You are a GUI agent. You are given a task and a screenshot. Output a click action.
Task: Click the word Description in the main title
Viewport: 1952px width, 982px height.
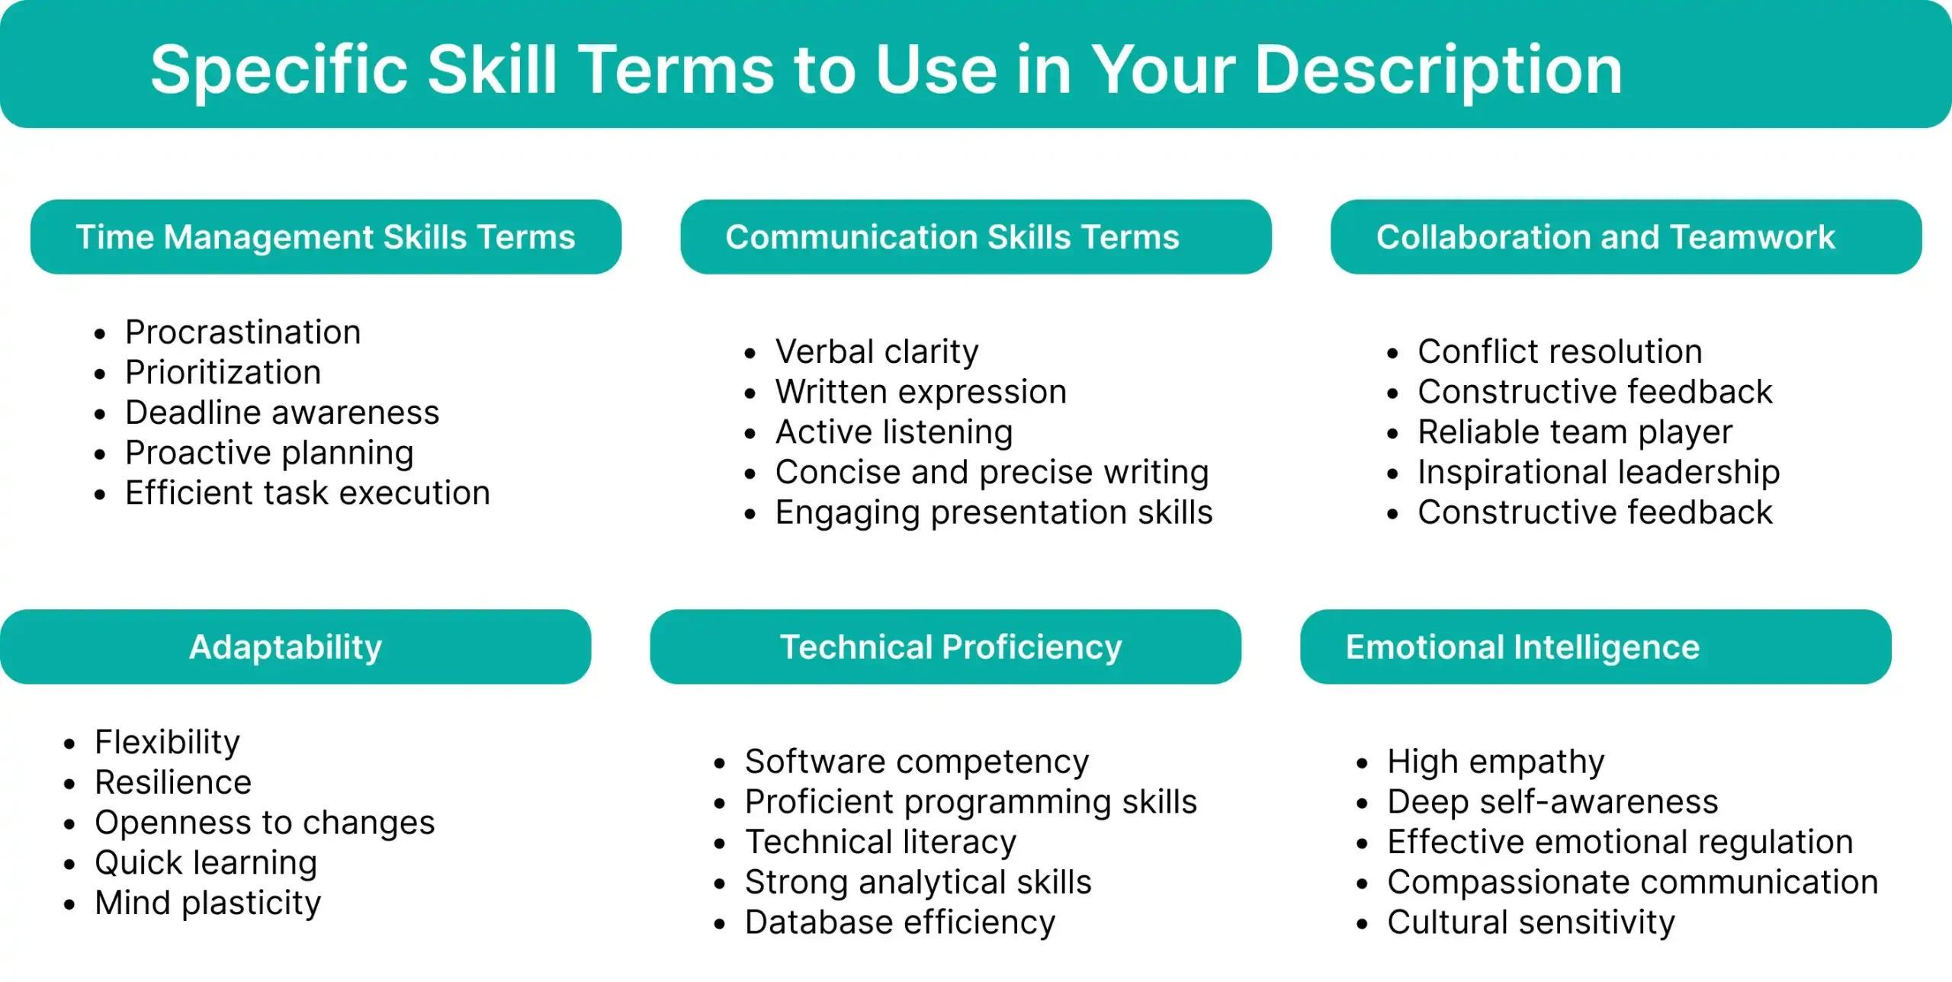pyautogui.click(x=1438, y=70)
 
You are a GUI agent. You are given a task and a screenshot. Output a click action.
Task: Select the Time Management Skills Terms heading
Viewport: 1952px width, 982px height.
pyautogui.click(x=326, y=237)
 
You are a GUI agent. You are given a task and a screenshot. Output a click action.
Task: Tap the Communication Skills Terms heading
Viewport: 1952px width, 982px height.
pyautogui.click(x=976, y=237)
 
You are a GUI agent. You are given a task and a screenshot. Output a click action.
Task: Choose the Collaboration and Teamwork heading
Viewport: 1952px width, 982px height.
pyautogui.click(x=1626, y=237)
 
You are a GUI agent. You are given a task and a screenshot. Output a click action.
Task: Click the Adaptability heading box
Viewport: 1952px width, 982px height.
pyautogui.click(x=295, y=647)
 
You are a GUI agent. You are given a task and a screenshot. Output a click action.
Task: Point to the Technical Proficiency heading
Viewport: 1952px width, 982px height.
pyautogui.click(x=945, y=647)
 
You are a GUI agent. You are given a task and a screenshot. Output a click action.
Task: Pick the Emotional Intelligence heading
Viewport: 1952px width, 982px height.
pyautogui.click(x=1595, y=647)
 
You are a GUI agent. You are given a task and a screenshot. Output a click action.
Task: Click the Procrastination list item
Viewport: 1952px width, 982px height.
pyautogui.click(x=242, y=332)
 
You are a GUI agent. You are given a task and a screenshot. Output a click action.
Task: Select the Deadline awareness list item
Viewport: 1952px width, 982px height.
pyautogui.click(x=282, y=412)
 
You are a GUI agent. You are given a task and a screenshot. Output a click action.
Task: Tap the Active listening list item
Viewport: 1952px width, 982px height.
pyautogui.click(x=894, y=432)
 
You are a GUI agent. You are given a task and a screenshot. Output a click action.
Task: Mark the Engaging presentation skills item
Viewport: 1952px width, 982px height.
pyautogui.click(x=994, y=513)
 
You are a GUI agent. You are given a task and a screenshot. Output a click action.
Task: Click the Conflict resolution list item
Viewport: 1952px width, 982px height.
pyautogui.click(x=1559, y=351)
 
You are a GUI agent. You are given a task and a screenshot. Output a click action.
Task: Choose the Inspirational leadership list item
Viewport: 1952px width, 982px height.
pyautogui.click(x=1598, y=473)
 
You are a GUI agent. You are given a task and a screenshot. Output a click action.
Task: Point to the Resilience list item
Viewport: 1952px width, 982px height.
pyautogui.click(x=173, y=782)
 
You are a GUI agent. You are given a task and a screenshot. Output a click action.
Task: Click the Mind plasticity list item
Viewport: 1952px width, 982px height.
pyautogui.click(x=207, y=903)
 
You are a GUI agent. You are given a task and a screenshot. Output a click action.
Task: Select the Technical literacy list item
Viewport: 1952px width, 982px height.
pyautogui.click(x=881, y=842)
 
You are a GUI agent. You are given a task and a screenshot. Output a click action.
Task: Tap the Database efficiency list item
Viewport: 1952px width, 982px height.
pyautogui.click(x=900, y=923)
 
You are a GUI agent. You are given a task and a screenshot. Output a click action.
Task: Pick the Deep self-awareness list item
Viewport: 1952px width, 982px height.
pyautogui.click(x=1552, y=802)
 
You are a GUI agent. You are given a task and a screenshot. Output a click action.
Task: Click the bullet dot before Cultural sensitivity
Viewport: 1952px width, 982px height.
pyautogui.click(x=1363, y=925)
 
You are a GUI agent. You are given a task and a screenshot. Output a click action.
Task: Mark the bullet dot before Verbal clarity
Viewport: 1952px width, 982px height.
pyautogui.click(x=750, y=354)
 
